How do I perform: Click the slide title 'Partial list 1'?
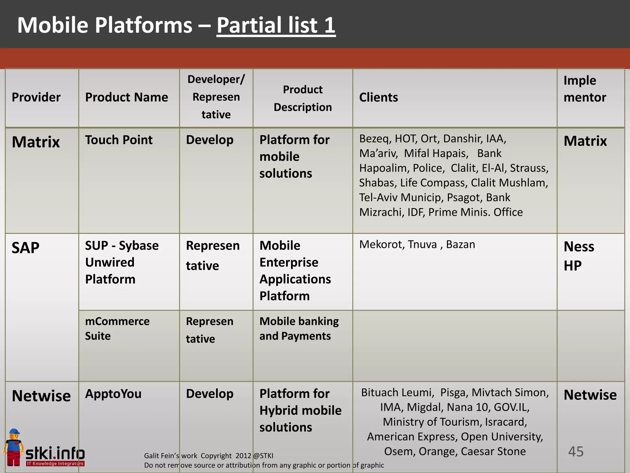(x=276, y=25)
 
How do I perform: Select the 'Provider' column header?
(x=36, y=97)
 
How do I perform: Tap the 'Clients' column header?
(x=378, y=97)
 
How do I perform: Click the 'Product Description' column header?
(x=303, y=98)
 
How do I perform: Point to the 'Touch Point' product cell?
(x=119, y=140)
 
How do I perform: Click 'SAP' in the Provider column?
(x=26, y=248)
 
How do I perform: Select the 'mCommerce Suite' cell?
(x=117, y=328)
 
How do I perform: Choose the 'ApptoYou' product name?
(x=113, y=394)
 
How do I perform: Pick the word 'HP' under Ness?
(x=572, y=266)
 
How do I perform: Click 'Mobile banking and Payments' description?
(x=299, y=328)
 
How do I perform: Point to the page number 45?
(x=576, y=451)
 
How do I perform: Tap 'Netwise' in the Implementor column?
(x=590, y=395)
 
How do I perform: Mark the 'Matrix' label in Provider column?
(x=36, y=142)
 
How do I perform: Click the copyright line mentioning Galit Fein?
(x=209, y=456)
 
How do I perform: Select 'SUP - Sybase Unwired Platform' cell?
(x=122, y=262)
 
